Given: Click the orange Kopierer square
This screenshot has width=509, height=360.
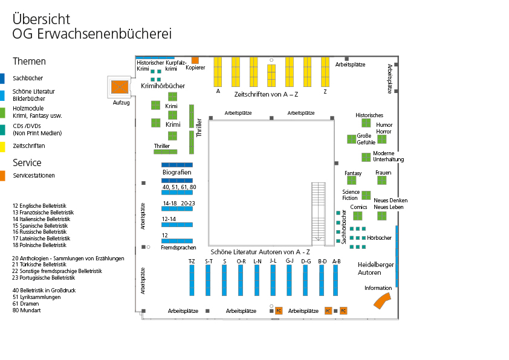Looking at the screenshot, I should (x=195, y=60).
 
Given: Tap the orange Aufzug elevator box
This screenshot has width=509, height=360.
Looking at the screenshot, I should (x=120, y=87).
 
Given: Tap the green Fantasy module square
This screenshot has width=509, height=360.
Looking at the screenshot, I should (x=353, y=182).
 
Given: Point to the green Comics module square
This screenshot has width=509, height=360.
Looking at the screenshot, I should (x=358, y=216).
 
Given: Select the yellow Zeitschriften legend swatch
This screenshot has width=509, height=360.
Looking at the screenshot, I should (x=2, y=146).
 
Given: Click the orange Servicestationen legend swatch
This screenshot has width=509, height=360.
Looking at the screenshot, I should (x=2, y=176).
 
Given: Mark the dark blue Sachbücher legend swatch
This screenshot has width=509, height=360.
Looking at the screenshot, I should (x=2, y=78).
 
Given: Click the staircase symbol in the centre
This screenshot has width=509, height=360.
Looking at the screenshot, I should (x=319, y=212).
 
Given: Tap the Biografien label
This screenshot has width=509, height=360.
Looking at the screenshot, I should (x=177, y=172).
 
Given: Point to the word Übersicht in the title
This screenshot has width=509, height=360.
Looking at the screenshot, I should (x=41, y=19).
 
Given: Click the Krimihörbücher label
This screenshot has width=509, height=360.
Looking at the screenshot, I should (x=163, y=86).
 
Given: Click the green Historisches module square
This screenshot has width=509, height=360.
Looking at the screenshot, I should (x=366, y=123).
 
